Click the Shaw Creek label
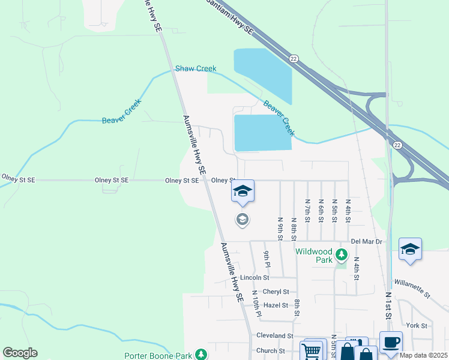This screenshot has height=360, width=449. (x=196, y=69)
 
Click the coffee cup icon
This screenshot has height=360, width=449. (x=390, y=342)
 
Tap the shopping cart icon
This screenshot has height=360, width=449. (x=313, y=350)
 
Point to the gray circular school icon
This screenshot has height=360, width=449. (x=243, y=220)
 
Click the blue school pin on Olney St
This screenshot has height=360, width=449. (x=243, y=191)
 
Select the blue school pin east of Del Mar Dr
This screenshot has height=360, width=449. (x=410, y=249)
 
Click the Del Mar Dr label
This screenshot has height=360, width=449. (x=366, y=241)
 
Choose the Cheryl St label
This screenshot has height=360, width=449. (x=276, y=292)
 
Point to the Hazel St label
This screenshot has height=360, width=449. (x=276, y=305)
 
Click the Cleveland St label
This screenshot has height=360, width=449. (x=274, y=336)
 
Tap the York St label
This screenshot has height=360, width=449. (x=416, y=326)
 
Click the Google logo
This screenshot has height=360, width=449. (x=20, y=353)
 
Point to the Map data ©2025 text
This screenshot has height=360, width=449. (x=424, y=355)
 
